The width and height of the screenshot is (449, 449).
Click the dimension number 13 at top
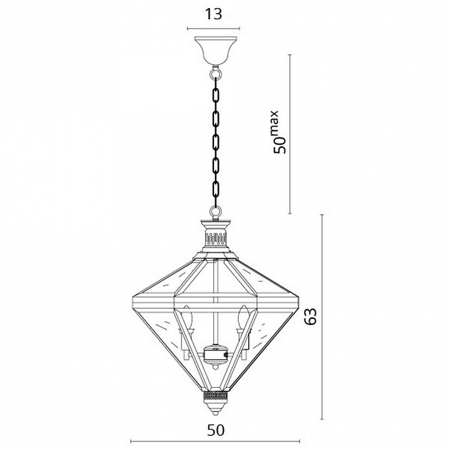[213, 14]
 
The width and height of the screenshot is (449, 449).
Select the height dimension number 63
[311, 316]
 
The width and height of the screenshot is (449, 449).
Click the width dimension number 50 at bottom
[216, 430]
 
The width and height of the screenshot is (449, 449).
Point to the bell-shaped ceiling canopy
[216, 51]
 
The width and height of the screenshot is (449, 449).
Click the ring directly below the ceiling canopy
[216, 73]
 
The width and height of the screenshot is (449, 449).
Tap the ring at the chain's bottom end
[216, 212]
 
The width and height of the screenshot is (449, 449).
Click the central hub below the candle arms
[215, 355]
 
